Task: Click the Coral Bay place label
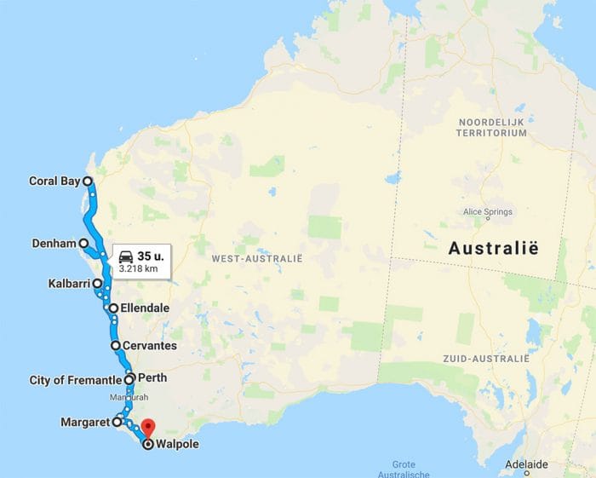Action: (54, 181)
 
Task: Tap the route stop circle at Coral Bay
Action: (88, 181)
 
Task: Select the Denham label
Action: (54, 243)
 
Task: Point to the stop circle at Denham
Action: (83, 243)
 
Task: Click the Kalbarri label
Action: (69, 283)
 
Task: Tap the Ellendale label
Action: (145, 308)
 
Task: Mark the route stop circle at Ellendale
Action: (113, 308)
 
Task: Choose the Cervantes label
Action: (151, 346)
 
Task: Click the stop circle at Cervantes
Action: (116, 346)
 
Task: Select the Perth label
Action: (152, 377)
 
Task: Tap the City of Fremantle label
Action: (76, 380)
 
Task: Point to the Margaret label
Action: (85, 422)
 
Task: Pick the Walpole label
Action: (178, 444)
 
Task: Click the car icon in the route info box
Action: (125, 256)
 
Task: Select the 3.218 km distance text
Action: (138, 268)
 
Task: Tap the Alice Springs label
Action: (484, 211)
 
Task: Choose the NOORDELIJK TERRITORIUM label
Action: (491, 128)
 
